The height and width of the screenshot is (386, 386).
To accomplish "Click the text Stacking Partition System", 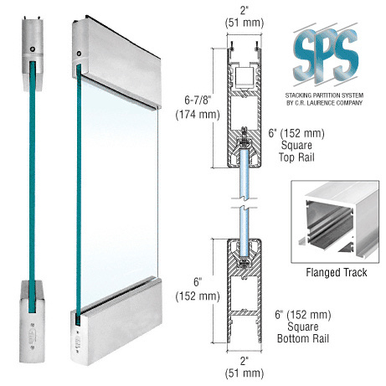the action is (324, 95).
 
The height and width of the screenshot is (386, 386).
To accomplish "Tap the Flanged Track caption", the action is (337, 272).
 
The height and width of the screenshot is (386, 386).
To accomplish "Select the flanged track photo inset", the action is (335, 222).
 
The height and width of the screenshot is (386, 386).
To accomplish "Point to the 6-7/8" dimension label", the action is (198, 107).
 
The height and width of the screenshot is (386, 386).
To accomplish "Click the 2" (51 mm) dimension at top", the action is (244, 17).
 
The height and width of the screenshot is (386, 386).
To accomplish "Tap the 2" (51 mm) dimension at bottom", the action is (244, 367).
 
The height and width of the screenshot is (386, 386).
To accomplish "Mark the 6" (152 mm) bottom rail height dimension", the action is (198, 289).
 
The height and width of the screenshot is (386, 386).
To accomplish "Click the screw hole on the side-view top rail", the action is (33, 49).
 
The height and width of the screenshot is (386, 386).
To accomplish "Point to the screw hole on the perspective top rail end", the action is (79, 54).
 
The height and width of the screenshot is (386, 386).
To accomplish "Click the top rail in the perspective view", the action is (116, 63).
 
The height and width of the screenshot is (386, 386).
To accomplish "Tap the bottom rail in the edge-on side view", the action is (32, 322).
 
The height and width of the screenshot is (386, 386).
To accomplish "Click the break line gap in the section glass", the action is (244, 203).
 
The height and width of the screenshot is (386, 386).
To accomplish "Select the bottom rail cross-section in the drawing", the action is (244, 291).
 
